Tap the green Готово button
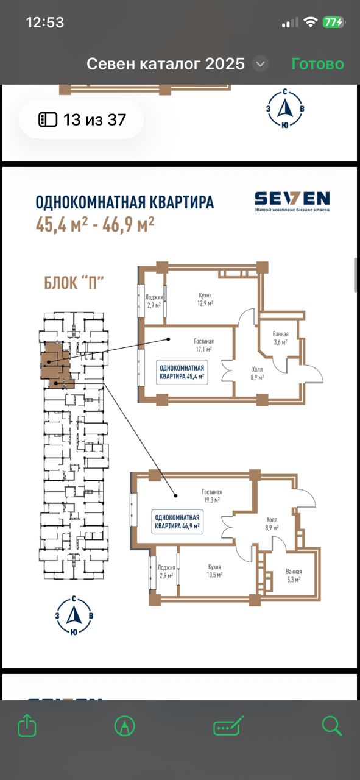[x=317, y=64]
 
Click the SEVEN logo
[x=292, y=201]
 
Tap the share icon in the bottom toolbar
[x=27, y=725]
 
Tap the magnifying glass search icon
[x=331, y=725]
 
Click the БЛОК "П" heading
[x=74, y=282]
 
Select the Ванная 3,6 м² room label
[x=280, y=338]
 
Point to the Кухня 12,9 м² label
[x=205, y=299]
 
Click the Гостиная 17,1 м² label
[x=203, y=345]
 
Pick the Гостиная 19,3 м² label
[x=212, y=495]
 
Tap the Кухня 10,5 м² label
[x=214, y=571]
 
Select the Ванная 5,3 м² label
[x=294, y=575]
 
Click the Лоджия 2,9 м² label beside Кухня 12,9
[x=154, y=301]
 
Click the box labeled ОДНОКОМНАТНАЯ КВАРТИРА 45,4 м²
[x=182, y=372]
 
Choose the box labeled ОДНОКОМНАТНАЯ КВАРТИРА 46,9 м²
[x=177, y=522]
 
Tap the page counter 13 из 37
[x=82, y=120]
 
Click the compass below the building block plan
[x=74, y=615]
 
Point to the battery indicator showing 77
[x=333, y=23]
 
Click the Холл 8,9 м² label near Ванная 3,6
[x=257, y=373]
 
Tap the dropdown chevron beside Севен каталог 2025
[x=261, y=64]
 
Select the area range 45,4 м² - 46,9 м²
[x=95, y=224]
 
